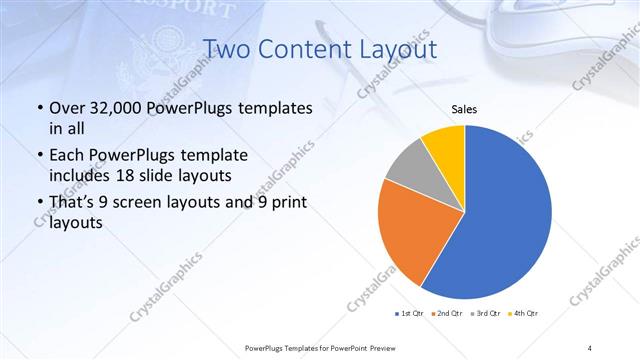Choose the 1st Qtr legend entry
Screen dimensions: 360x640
tap(411, 314)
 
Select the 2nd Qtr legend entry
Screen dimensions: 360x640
tap(447, 314)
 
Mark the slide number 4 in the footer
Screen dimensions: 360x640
tap(589, 347)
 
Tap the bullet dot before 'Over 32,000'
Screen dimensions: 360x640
tap(39, 108)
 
